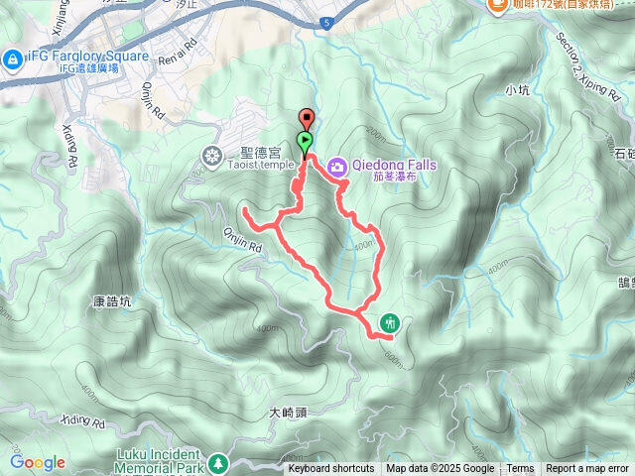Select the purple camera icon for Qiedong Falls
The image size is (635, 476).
coord(337,167)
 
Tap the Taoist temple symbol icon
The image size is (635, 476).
coord(213,155)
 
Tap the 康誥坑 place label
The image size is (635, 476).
coord(112,300)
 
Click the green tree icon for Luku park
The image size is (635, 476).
coord(227,464)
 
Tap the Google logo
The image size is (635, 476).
coord(38,462)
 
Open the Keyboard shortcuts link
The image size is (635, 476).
coord(331,469)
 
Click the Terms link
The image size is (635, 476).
coord(520,469)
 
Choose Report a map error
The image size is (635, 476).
coord(587,469)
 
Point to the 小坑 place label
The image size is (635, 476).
coord(517,90)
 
